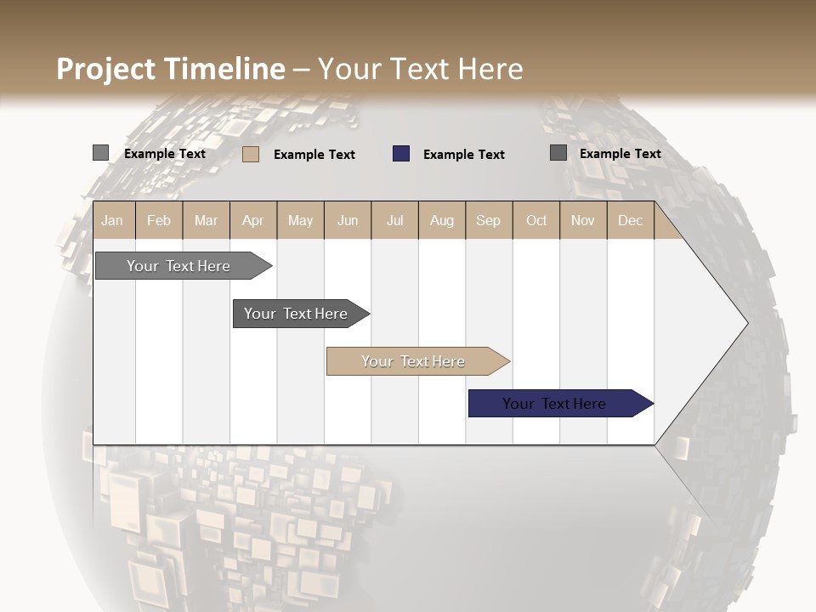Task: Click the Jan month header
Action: pos(113,221)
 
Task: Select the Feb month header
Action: pos(159,221)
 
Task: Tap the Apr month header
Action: pos(253,221)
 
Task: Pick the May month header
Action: pos(300,221)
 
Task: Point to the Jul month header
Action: pos(394,221)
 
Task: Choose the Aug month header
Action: pos(442,221)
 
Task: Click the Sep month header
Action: pos(489,221)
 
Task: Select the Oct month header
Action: pos(536,221)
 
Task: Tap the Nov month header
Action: pos(583,221)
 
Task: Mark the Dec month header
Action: pos(631,221)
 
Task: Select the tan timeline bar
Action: pos(414,361)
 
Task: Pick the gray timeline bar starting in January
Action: pos(179,266)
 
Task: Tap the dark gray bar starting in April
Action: pos(297,314)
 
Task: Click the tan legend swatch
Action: pos(251,154)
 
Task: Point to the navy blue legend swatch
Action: pos(401,154)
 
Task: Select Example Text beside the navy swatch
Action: pos(464,155)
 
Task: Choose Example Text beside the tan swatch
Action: pos(314,155)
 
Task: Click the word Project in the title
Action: pos(107,69)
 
